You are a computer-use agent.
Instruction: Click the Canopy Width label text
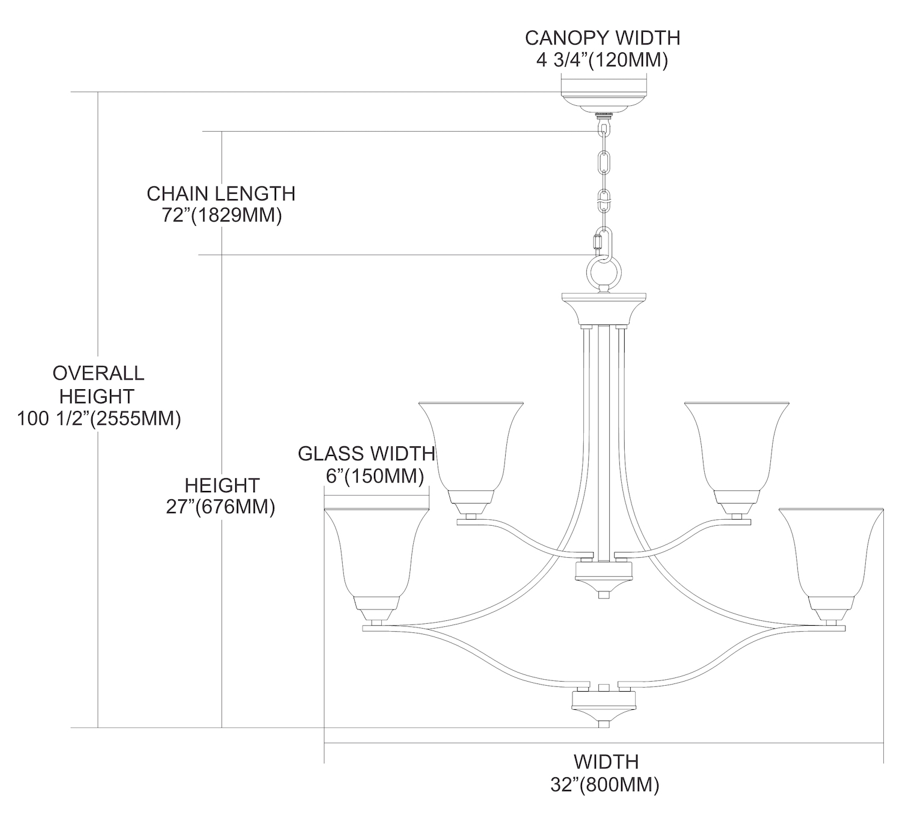(x=603, y=37)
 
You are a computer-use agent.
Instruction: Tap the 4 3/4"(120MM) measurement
(x=602, y=60)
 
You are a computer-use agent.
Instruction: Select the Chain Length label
(x=221, y=193)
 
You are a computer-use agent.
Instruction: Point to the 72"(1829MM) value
(x=221, y=215)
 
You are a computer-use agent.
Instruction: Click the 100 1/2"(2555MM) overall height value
(x=99, y=418)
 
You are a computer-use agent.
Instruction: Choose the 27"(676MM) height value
(x=221, y=507)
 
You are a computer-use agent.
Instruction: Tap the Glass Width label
(x=366, y=453)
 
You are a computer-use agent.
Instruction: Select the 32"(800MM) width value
(x=605, y=785)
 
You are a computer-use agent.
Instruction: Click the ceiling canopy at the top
(x=603, y=100)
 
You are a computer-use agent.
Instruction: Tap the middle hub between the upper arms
(x=602, y=575)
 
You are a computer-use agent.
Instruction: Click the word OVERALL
(x=99, y=373)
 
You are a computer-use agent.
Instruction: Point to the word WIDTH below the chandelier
(x=606, y=762)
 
